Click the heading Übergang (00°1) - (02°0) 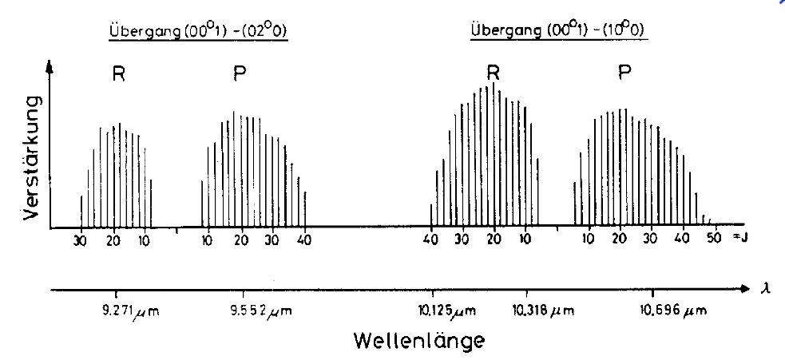click(x=198, y=33)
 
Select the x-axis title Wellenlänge click(x=419, y=341)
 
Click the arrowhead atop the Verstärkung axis click(x=50, y=69)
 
